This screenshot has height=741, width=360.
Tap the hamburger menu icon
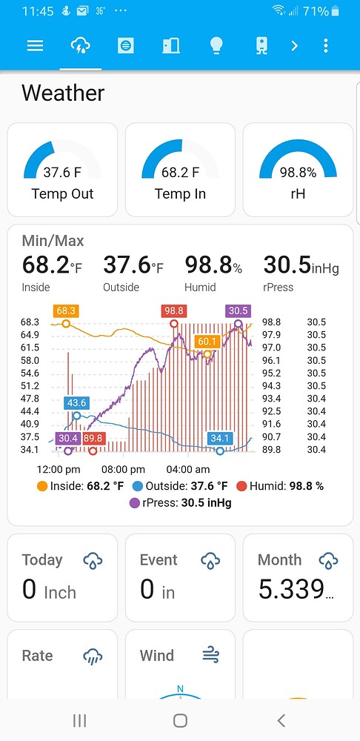pyautogui.click(x=35, y=46)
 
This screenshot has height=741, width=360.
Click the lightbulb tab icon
pyautogui.click(x=216, y=46)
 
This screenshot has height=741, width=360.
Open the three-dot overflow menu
pyautogui.click(x=326, y=46)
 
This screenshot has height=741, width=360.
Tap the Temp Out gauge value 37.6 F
pyautogui.click(x=62, y=173)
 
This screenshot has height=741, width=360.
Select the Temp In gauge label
pyautogui.click(x=180, y=194)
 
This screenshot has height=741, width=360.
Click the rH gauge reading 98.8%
pyautogui.click(x=298, y=173)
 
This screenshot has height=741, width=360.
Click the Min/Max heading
pyautogui.click(x=53, y=241)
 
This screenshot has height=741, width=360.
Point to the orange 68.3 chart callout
pyautogui.click(x=66, y=310)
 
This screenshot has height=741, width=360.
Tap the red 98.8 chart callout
pyautogui.click(x=174, y=310)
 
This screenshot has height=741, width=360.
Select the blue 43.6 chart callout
pyautogui.click(x=76, y=403)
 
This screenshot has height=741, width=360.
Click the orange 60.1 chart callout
pyautogui.click(x=207, y=341)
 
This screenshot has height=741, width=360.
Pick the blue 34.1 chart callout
pyautogui.click(x=220, y=438)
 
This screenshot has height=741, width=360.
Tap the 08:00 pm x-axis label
pyautogui.click(x=123, y=469)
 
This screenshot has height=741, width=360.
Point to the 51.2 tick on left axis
pyautogui.click(x=30, y=385)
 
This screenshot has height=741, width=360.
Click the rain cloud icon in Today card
pyautogui.click(x=93, y=560)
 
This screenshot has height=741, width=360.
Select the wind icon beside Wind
pyautogui.click(x=211, y=655)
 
